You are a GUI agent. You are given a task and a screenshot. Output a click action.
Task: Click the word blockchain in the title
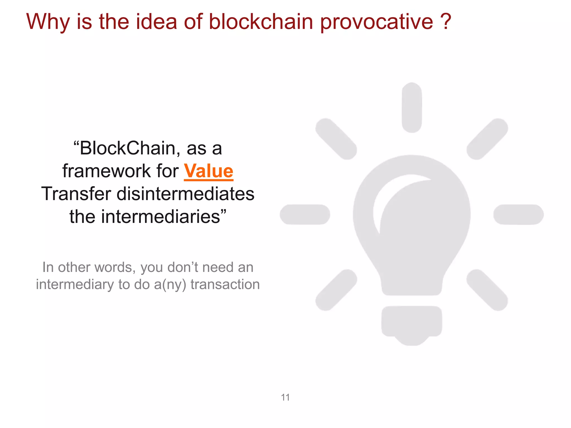[261, 22]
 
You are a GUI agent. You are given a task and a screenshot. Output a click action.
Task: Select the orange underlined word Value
[208, 171]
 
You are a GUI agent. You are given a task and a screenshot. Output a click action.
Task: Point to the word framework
[106, 171]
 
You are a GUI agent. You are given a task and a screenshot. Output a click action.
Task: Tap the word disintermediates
[185, 194]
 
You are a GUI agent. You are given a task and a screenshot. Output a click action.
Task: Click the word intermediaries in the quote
[160, 217]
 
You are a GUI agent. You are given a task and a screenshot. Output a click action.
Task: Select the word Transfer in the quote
[76, 194]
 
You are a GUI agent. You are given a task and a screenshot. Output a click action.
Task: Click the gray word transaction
[225, 284]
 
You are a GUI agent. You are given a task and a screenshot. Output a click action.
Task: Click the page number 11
[285, 397]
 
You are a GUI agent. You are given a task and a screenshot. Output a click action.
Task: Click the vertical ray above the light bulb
[412, 107]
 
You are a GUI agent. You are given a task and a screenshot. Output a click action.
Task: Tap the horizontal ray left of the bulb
[305, 214]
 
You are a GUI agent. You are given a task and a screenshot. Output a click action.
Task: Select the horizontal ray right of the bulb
[518, 214]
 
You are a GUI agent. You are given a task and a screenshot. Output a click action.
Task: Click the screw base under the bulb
[412, 323]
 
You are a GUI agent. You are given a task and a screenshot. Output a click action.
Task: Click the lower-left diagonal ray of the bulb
[336, 290]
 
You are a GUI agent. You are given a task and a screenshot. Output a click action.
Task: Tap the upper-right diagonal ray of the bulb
[487, 139]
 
